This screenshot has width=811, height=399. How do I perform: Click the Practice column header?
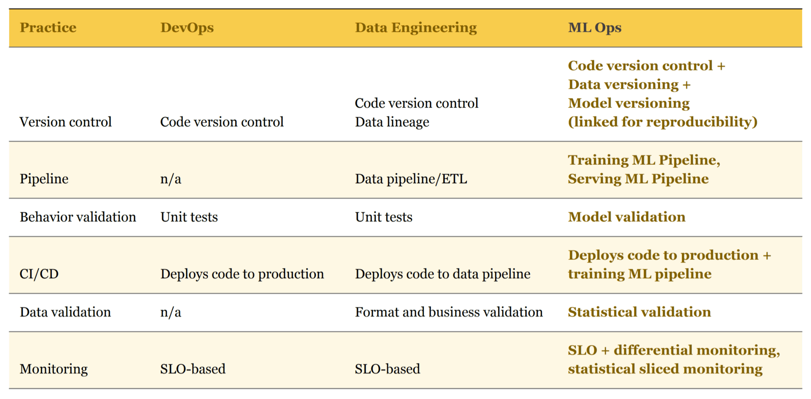(x=48, y=28)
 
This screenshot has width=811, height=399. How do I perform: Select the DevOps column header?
(x=187, y=28)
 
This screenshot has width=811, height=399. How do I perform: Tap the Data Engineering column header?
(x=416, y=28)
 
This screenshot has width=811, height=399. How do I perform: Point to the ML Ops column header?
(x=594, y=28)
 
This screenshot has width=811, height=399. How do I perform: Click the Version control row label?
(x=65, y=122)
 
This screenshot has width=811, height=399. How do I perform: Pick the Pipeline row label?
(x=44, y=179)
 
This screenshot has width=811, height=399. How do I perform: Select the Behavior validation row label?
(x=78, y=217)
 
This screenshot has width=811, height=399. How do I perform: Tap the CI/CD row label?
(x=39, y=274)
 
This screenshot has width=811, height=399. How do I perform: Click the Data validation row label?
(x=65, y=312)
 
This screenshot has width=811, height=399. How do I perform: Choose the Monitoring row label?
(x=54, y=369)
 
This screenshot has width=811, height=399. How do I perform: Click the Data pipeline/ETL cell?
(x=411, y=179)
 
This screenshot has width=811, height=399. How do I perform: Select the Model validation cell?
(x=626, y=217)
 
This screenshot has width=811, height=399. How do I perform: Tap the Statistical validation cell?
(x=639, y=312)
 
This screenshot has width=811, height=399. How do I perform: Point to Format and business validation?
(x=448, y=312)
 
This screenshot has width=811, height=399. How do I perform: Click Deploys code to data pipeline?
(x=442, y=274)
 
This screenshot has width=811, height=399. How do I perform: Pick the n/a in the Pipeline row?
(x=170, y=179)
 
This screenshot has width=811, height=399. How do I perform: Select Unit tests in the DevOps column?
(x=189, y=217)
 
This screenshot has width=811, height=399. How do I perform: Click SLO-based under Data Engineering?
(x=387, y=369)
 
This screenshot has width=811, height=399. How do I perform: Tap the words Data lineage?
(x=392, y=122)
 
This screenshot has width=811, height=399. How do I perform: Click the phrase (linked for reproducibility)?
(x=663, y=122)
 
